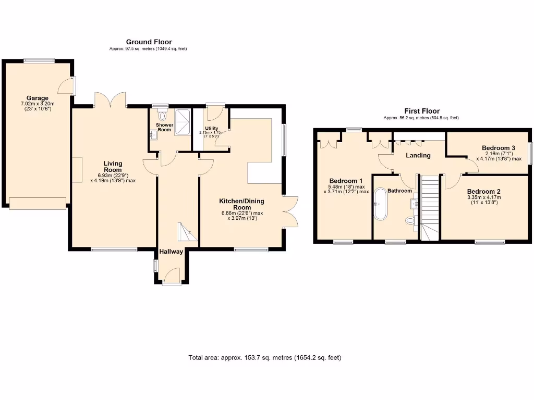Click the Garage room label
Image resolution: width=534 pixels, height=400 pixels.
tap(38, 98)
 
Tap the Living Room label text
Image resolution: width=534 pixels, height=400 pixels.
tap(112, 166)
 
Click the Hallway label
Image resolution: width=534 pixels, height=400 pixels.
tap(171, 252)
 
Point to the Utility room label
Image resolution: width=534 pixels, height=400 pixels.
tap(211, 128)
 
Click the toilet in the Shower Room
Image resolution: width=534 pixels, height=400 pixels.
tap(162, 116)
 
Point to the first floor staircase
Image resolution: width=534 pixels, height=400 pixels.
tap(430, 208)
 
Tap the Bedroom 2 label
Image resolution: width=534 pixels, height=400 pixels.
tap(483, 191)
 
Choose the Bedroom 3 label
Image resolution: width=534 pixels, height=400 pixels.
tap(499, 148)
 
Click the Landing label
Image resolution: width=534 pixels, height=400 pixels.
tap(418, 155)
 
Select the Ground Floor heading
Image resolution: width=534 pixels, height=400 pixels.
tap(149, 42)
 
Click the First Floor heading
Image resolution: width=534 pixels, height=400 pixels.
tap(422, 111)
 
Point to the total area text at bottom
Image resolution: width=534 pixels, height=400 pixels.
tap(265, 358)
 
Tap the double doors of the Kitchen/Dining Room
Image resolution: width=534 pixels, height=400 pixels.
tap(291, 211)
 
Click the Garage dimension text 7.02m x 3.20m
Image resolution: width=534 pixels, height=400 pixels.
tap(38, 104)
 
